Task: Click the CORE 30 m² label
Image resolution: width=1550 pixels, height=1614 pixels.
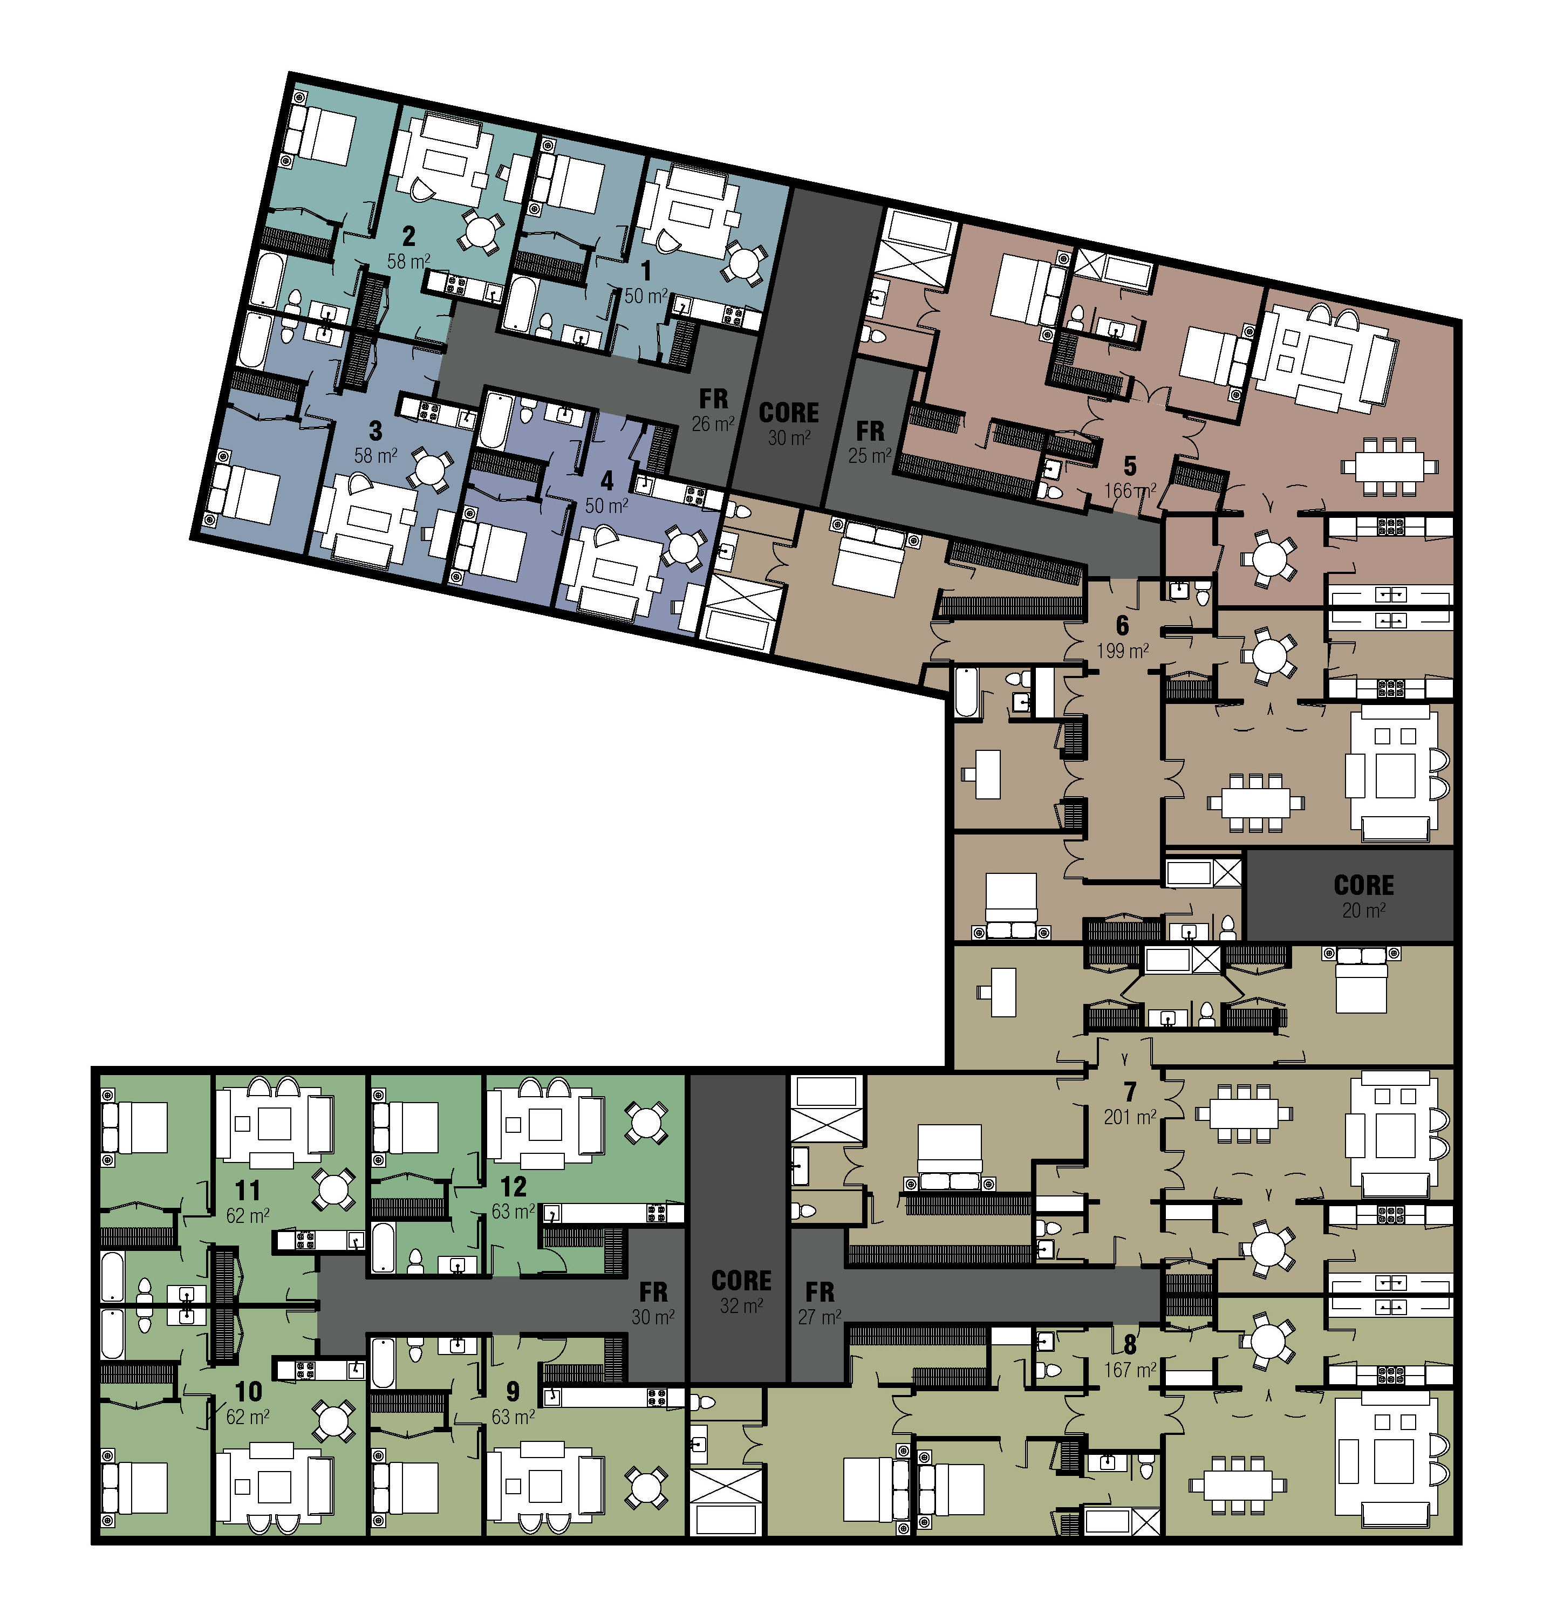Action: tap(789, 424)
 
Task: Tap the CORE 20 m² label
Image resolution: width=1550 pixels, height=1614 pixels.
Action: tap(1364, 897)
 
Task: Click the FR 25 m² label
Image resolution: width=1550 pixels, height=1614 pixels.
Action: tap(870, 442)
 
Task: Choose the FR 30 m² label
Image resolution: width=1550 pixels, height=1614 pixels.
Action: tap(653, 1303)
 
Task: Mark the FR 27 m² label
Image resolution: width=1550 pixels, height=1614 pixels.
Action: tap(820, 1303)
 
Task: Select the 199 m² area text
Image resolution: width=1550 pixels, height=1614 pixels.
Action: tap(1123, 651)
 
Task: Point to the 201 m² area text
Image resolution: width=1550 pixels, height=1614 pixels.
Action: tap(1130, 1117)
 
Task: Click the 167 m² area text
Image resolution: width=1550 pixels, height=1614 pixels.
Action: tap(1130, 1370)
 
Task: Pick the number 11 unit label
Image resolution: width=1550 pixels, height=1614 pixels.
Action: tap(248, 1190)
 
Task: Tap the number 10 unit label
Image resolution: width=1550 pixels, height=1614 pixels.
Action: tap(248, 1391)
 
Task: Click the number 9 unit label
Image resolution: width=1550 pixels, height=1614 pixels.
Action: tap(513, 1391)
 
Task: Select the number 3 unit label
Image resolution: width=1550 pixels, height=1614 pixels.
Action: tap(375, 430)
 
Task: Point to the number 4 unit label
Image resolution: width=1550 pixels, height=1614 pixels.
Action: tap(607, 481)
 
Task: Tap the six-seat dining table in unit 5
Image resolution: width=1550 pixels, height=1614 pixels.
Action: tap(1389, 466)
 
